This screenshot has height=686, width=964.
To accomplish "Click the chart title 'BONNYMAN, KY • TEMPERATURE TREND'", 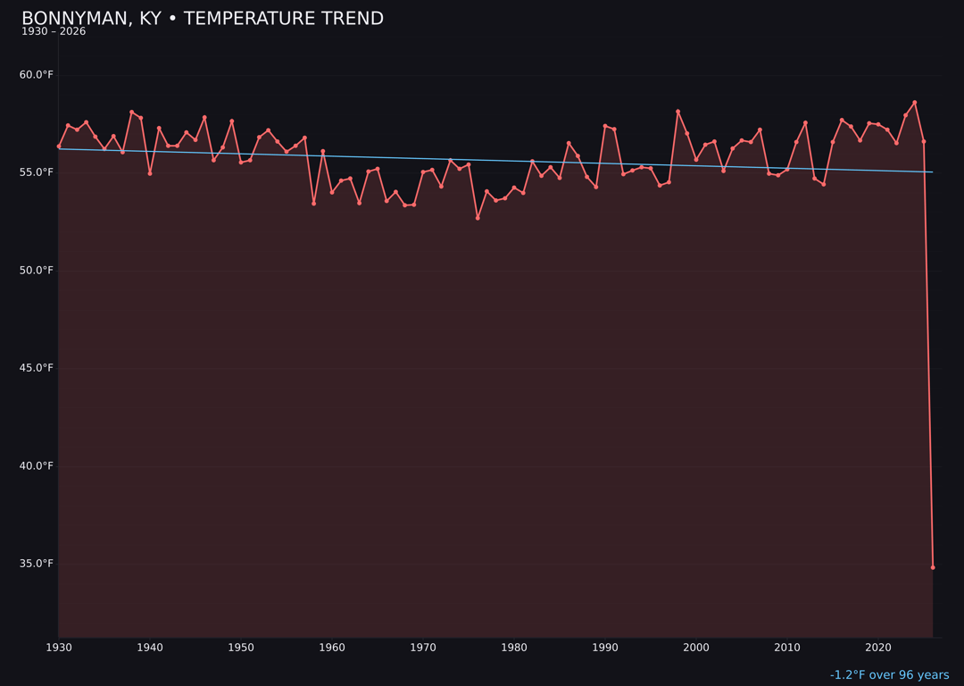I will coord(203,19).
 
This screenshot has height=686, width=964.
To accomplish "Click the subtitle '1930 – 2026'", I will coord(54,32).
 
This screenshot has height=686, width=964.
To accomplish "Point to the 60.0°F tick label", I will coord(37,75).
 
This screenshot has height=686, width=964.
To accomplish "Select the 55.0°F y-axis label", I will coord(37,172).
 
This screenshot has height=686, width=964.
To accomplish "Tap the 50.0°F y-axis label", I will coord(37,271).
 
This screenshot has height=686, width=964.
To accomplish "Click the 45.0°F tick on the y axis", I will coord(37,368).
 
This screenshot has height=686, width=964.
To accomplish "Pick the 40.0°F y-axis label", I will coord(37,466).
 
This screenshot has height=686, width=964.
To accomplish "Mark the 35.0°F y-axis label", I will coord(37,564).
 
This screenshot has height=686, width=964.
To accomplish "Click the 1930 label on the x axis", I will coord(59,648).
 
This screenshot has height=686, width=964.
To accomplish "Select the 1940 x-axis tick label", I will coord(150,648).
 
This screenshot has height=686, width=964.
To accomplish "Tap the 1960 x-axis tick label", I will coord(332,648).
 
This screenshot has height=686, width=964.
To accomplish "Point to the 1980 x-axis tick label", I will coord(514,648).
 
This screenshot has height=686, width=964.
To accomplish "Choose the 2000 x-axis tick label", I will coord(696,648).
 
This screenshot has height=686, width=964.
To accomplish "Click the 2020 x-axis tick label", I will coord(878,648).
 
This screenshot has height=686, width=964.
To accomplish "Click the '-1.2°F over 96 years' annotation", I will coord(889,675).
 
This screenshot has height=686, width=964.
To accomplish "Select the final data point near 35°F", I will coord(933,567).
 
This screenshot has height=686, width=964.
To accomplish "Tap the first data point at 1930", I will coord(59,146).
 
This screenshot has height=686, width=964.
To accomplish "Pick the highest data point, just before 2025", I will coord(915,103).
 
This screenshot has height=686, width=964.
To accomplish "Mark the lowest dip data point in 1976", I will coord(478,218).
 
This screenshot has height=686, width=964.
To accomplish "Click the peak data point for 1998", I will coord(677,112).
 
